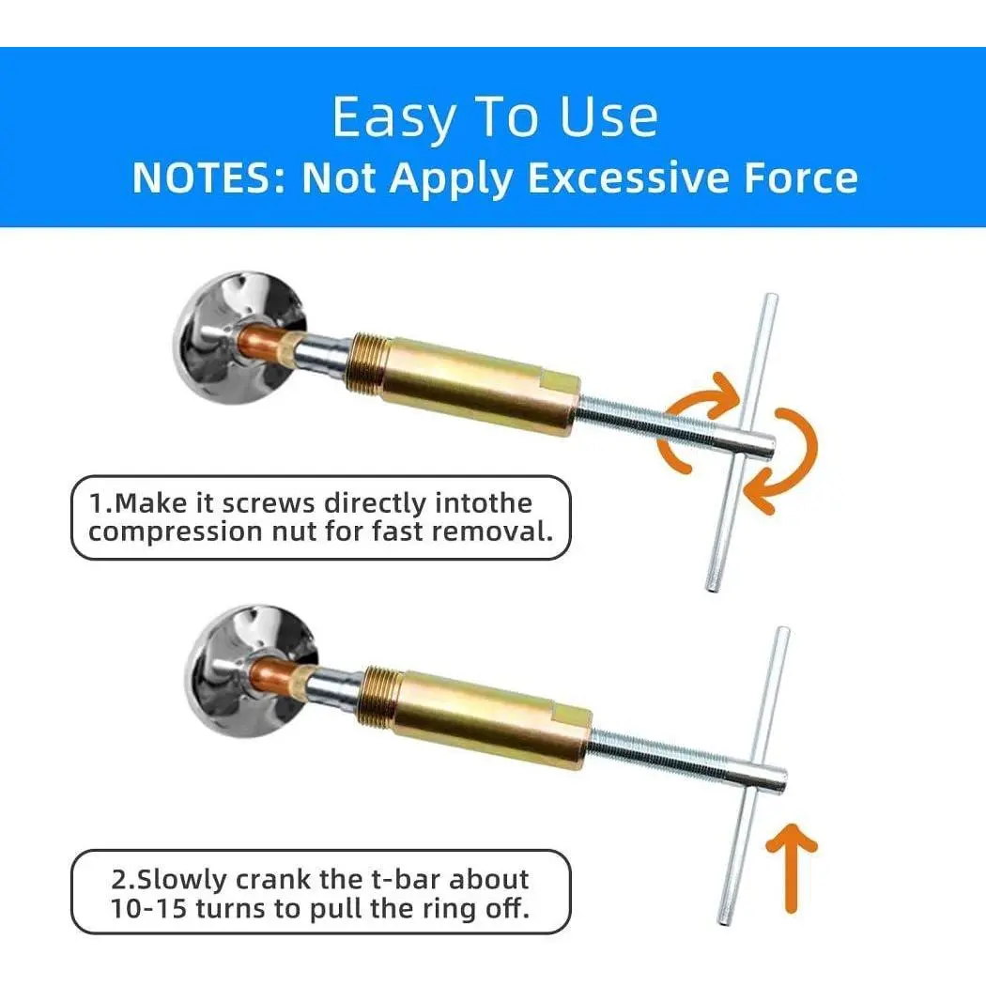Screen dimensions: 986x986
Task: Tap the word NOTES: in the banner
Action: (209, 178)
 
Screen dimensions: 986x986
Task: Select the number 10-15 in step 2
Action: (149, 908)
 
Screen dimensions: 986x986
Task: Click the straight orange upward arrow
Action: (791, 869)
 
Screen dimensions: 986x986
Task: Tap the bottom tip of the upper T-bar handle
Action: (713, 589)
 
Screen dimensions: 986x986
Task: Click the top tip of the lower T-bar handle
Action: (783, 630)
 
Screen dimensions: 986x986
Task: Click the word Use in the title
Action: (609, 117)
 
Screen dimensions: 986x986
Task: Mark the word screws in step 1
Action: (269, 503)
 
